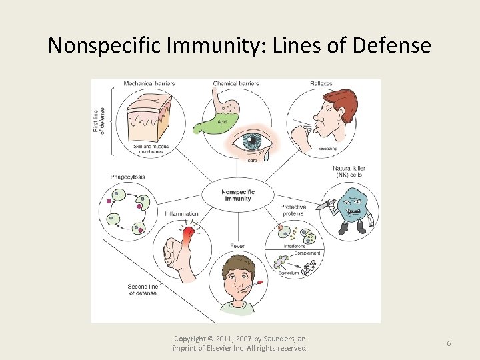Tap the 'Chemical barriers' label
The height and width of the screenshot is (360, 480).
click(236, 84)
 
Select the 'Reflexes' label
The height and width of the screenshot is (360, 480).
click(321, 84)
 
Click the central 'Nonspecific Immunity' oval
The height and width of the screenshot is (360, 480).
click(237, 195)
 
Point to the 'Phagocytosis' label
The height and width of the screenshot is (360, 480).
click(127, 177)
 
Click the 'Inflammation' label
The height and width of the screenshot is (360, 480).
click(181, 214)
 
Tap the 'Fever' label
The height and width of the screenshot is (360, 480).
click(237, 246)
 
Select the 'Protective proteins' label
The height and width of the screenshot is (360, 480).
click(293, 210)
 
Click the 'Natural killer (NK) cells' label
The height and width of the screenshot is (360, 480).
click(349, 172)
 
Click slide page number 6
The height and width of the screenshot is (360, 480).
click(449, 343)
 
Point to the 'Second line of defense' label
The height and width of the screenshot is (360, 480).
click(142, 289)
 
